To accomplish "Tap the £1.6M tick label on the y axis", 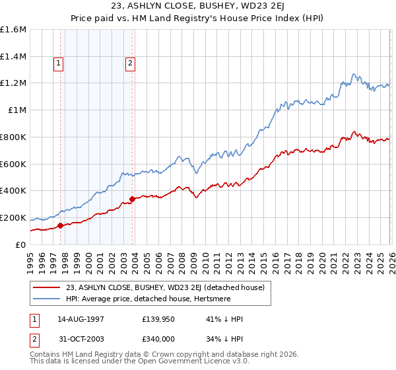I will (x=13, y=30).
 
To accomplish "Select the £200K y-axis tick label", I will (x=13, y=217).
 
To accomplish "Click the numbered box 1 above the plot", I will (x=59, y=63).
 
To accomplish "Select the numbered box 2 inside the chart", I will (x=130, y=63).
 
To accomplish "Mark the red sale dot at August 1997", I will (x=61, y=225).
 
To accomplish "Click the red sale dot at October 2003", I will (x=133, y=198).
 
